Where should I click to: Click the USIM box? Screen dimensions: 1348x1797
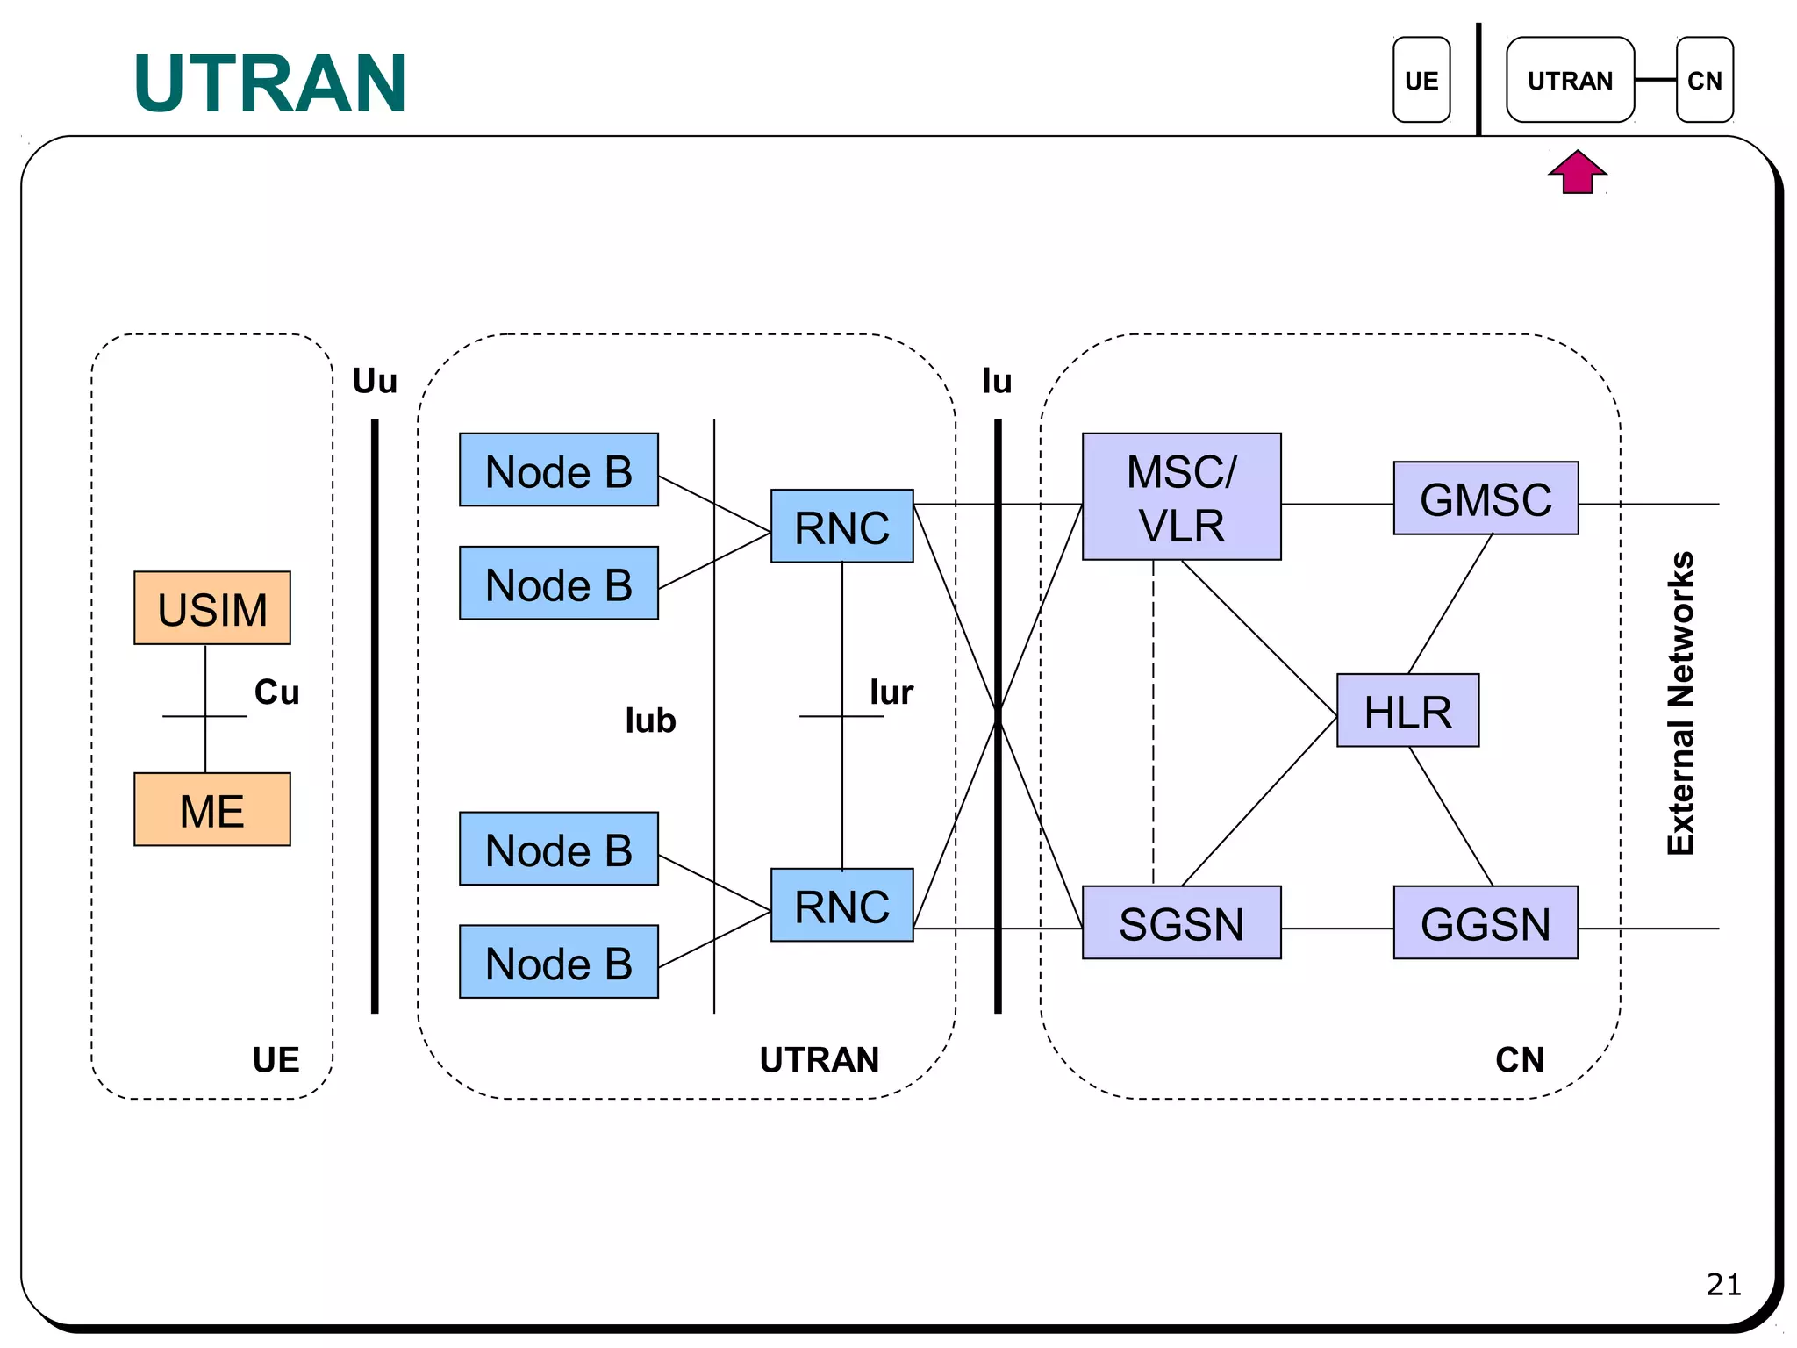[211, 608]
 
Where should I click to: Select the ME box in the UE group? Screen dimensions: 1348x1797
[211, 809]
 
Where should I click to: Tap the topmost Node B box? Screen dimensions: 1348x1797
[558, 470]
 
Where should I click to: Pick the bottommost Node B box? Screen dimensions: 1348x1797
[558, 962]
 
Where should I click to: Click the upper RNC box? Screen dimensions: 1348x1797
[841, 527]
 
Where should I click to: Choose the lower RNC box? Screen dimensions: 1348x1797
[841, 905]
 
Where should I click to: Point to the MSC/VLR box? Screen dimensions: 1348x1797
[1181, 497]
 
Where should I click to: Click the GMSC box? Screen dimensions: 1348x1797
[1486, 498]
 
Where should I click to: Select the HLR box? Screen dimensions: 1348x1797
[1407, 711]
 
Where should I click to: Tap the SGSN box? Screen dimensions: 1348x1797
[1181, 922]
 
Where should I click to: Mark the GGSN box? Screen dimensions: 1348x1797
[1486, 922]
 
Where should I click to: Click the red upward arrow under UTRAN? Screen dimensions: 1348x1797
[1577, 172]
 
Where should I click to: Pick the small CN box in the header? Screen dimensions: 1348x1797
[1704, 80]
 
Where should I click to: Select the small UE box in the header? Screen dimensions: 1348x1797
[1421, 80]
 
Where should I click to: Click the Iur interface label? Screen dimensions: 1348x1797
[891, 692]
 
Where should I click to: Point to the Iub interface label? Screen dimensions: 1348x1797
[650, 721]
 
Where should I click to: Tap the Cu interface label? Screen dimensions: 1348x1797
[276, 692]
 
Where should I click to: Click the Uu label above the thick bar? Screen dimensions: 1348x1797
[375, 381]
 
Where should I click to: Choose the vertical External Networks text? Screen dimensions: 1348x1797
[1680, 703]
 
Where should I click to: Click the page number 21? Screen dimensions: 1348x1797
[1723, 1284]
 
